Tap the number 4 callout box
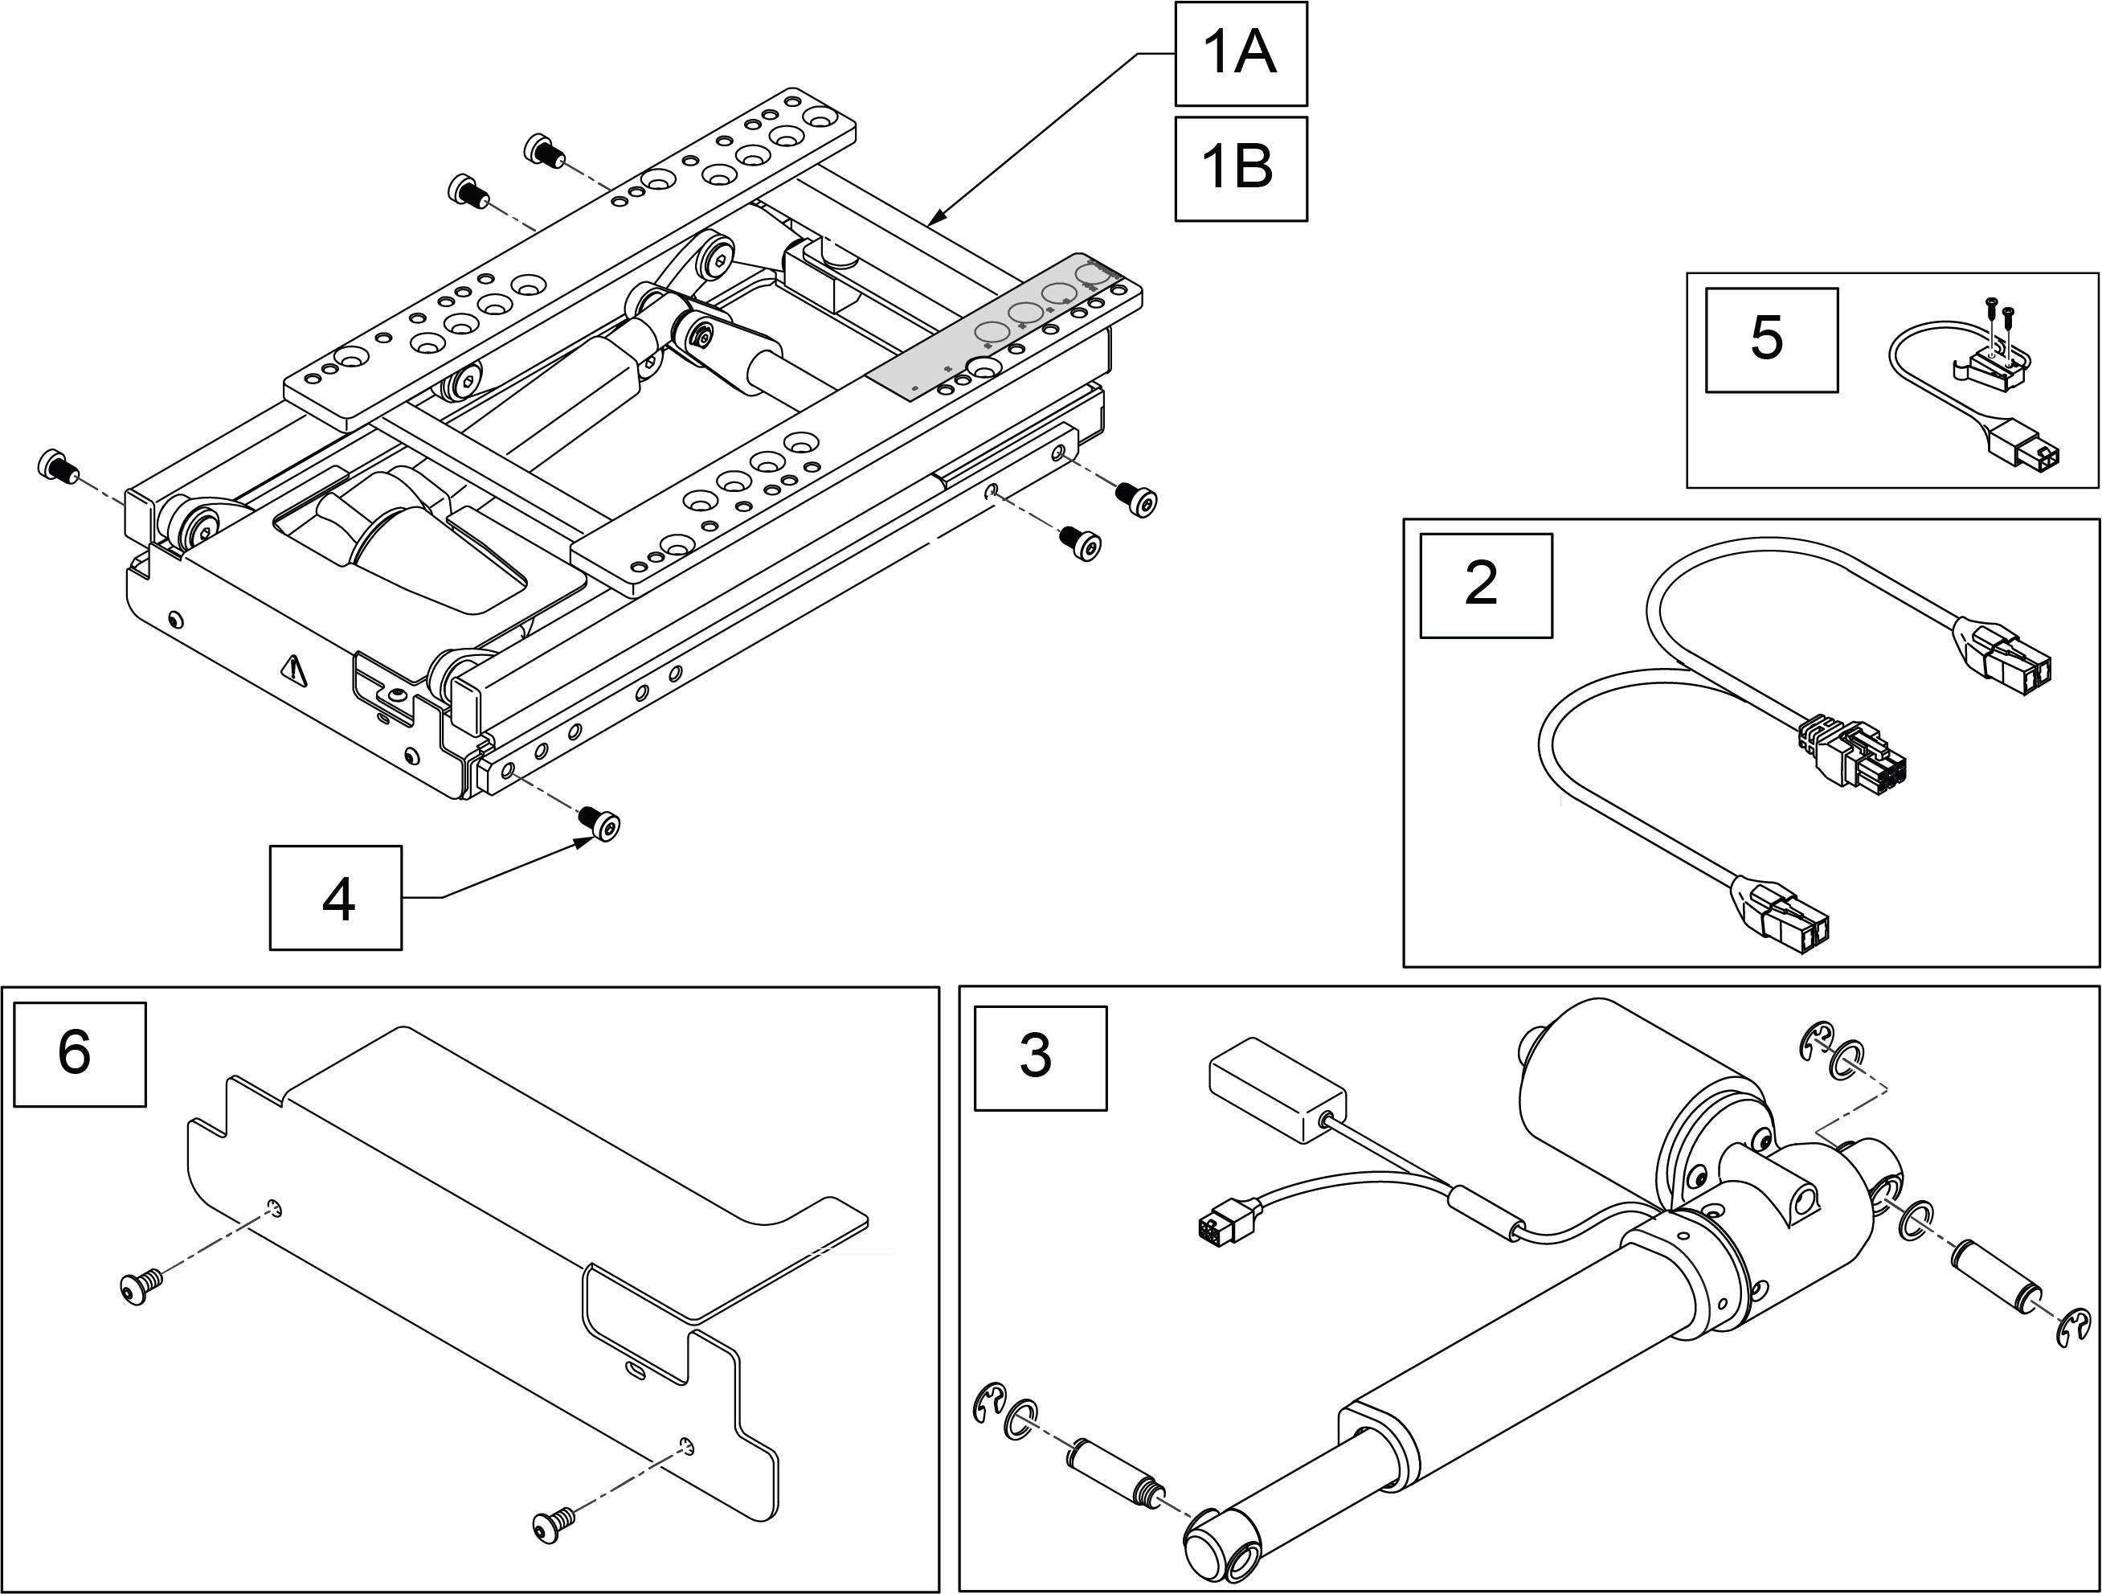click(x=335, y=897)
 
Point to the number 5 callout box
click(x=1771, y=340)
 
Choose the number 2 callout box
click(x=1487, y=584)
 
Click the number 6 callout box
click(x=80, y=1054)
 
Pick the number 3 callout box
click(x=1041, y=1058)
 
